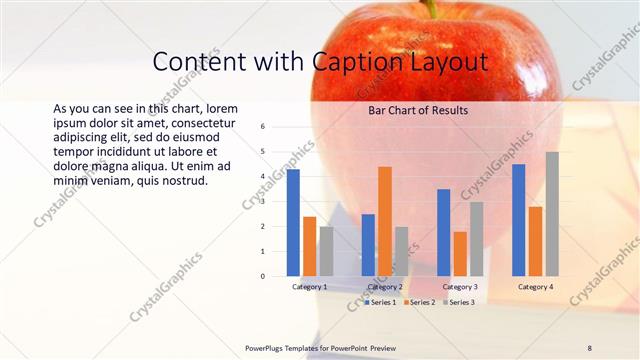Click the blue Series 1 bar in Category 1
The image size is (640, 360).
[x=293, y=223]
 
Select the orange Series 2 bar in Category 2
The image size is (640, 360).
[x=385, y=221]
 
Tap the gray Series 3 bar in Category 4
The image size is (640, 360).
[x=552, y=214]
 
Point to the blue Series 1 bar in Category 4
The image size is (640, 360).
[x=518, y=220]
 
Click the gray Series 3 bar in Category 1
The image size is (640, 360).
[x=327, y=251]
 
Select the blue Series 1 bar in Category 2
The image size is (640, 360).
[x=368, y=245]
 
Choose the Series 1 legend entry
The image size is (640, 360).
[x=380, y=302]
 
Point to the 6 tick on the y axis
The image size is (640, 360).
[x=262, y=127]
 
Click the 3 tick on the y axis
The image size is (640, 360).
[x=262, y=202]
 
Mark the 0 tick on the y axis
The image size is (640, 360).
[x=262, y=276]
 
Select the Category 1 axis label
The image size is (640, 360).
[x=309, y=287]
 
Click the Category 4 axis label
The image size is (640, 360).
[x=535, y=287]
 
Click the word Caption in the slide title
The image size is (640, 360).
[x=360, y=62]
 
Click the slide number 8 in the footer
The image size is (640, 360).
[x=589, y=348]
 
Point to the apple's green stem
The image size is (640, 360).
[x=432, y=8]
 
